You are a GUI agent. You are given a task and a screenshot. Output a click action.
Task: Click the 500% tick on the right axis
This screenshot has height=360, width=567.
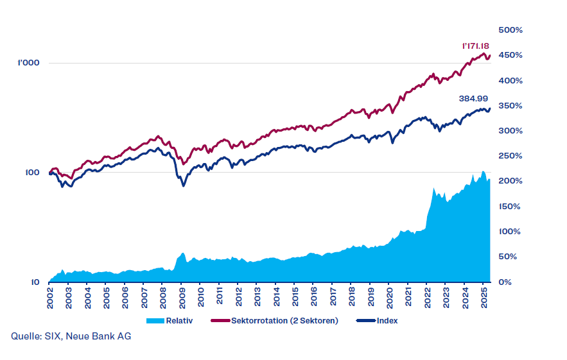tap(512, 30)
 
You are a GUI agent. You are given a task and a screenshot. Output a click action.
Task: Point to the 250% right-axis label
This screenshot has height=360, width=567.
tap(512, 156)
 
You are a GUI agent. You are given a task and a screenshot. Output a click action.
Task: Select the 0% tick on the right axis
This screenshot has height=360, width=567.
tap(506, 282)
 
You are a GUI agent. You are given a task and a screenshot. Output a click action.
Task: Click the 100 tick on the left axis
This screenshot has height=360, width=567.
tap(32, 173)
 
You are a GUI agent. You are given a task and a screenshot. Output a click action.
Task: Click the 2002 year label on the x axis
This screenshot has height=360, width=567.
tap(50, 298)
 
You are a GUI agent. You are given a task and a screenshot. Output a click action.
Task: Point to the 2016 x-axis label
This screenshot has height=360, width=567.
tap(313, 298)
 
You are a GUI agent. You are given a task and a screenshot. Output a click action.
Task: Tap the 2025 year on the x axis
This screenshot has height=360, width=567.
tap(484, 298)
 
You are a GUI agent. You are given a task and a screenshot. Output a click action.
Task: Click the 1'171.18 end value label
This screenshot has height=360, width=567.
tap(476, 46)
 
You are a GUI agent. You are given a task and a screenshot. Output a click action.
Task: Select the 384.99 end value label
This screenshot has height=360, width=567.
tap(475, 99)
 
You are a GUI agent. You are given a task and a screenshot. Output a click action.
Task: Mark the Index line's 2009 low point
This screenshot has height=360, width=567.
tap(183, 186)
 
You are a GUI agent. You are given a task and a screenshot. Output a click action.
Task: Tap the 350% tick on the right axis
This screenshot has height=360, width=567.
tap(512, 106)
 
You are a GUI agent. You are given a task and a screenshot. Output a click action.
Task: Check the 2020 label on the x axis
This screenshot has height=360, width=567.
tap(389, 298)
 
